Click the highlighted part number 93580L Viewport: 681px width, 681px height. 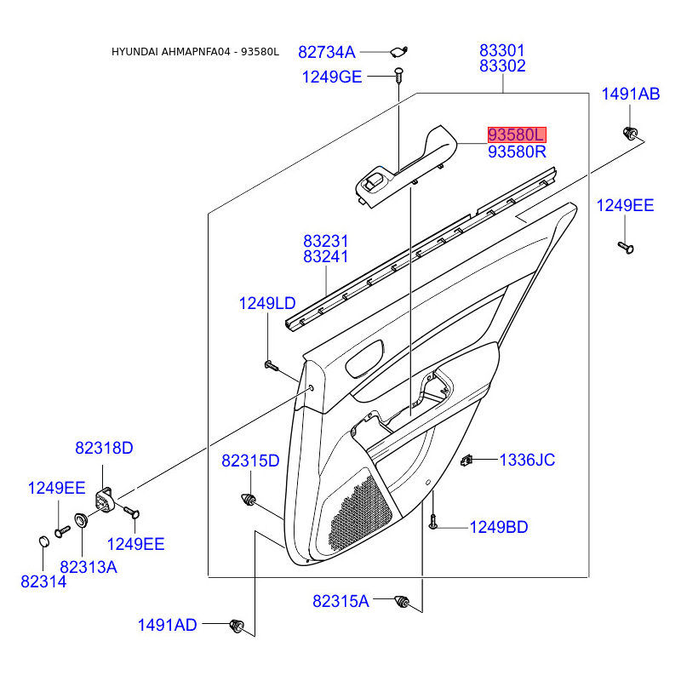click(516, 134)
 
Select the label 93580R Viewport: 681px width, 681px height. click(517, 152)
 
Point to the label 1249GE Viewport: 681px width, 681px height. click(332, 77)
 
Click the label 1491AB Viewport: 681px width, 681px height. click(631, 94)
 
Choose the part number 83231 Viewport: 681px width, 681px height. click(326, 242)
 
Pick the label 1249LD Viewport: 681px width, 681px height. click(266, 303)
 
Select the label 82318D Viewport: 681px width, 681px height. click(105, 449)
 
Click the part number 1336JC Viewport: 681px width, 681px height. click(527, 461)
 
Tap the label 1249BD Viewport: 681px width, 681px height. click(499, 528)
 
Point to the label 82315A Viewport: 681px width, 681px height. click(340, 601)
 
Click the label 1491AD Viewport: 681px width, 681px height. click(168, 626)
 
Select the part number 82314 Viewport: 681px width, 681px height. click(43, 581)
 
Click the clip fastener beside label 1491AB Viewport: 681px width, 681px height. click(630, 134)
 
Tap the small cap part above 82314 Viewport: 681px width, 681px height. click(43, 540)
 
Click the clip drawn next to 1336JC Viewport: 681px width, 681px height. click(466, 461)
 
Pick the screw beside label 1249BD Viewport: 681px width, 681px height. click(433, 522)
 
